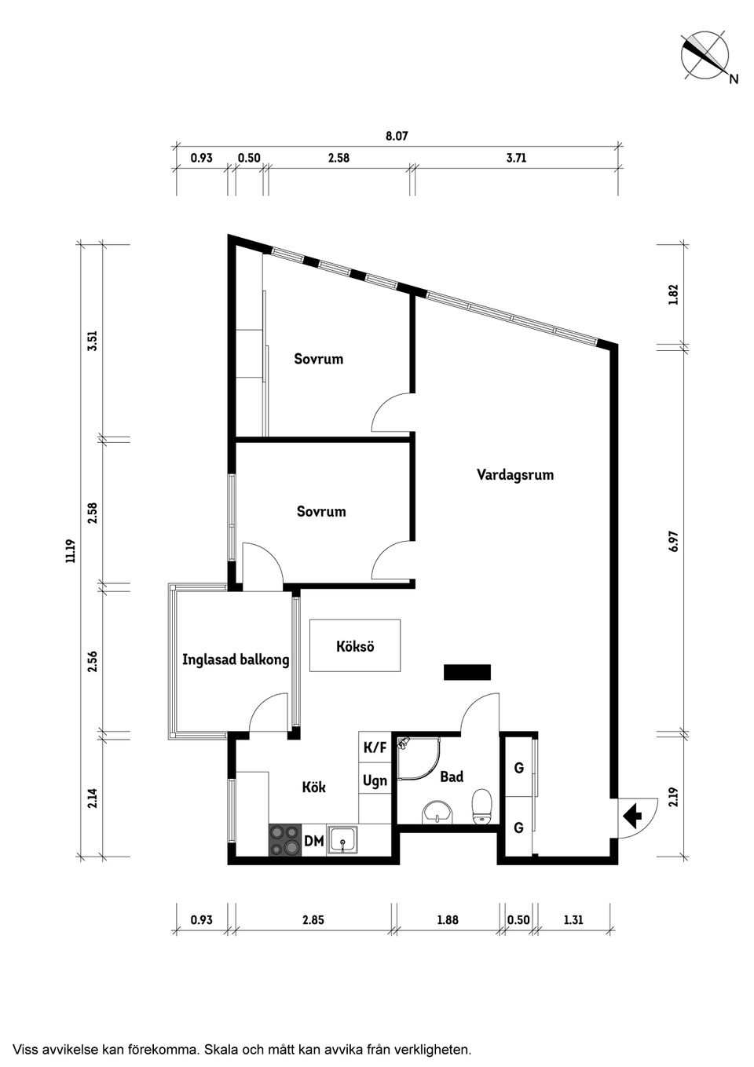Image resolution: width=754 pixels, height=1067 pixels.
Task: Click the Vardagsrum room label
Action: tap(514, 475)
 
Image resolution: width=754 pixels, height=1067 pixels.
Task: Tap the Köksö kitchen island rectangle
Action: tap(354, 645)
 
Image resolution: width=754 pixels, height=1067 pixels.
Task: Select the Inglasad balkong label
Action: tap(236, 660)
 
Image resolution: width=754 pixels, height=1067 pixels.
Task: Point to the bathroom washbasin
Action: tap(437, 811)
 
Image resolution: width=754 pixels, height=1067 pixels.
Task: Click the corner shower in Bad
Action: tap(419, 758)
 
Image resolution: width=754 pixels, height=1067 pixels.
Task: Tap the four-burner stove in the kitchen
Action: tap(285, 840)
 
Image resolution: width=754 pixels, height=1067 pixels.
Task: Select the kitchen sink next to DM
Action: tap(342, 841)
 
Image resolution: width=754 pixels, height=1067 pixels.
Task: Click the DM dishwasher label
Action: tap(314, 841)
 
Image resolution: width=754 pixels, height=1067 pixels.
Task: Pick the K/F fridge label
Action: tap(375, 748)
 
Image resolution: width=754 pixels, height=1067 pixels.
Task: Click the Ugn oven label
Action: tap(375, 782)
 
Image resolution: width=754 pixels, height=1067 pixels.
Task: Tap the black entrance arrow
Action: tap(632, 815)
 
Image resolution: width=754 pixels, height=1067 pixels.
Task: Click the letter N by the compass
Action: tap(734, 79)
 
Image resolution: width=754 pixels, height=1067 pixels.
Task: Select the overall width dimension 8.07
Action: tap(397, 136)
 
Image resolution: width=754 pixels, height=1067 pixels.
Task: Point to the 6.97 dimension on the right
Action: tap(673, 541)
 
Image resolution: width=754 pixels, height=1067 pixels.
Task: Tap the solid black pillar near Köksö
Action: tap(467, 672)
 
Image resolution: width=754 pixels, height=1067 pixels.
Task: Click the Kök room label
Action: tap(314, 787)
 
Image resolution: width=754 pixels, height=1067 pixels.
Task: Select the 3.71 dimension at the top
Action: tap(516, 158)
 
